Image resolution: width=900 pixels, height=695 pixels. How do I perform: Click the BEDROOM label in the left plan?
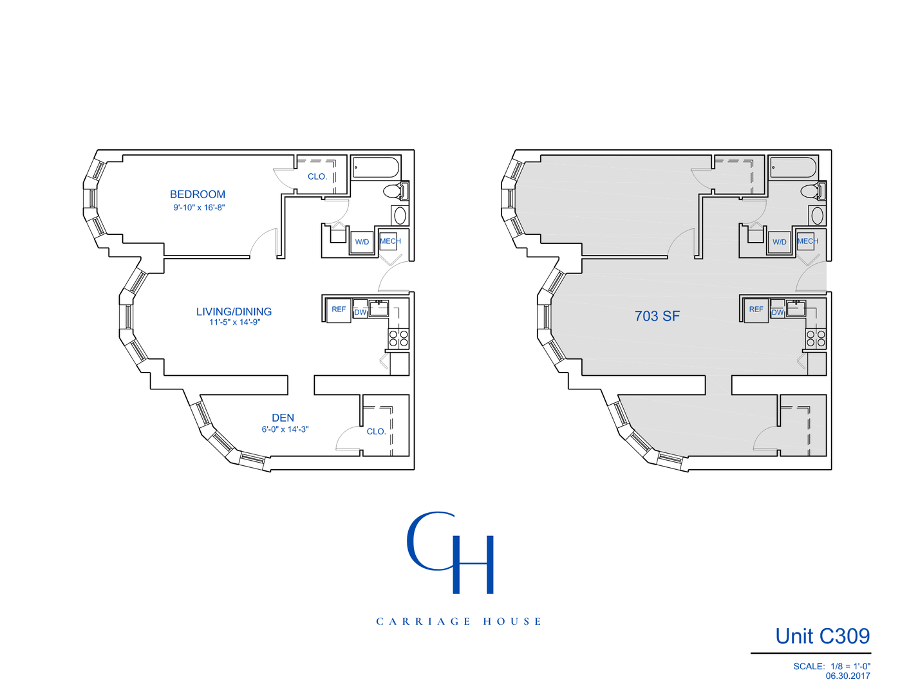198,194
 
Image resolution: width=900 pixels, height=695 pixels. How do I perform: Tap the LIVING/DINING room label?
234,311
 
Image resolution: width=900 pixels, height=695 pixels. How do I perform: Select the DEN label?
283,418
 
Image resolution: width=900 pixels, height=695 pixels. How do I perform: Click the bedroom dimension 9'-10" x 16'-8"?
199,208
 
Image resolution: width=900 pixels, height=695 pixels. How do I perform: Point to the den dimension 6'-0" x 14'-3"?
285,429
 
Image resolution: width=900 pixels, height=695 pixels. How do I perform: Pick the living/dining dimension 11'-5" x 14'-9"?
234,322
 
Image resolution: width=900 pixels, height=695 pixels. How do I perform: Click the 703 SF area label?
657,316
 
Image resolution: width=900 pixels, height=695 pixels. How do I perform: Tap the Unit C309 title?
822,636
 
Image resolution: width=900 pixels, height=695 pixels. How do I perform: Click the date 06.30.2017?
847,676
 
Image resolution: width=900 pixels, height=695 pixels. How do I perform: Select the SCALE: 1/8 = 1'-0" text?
831,666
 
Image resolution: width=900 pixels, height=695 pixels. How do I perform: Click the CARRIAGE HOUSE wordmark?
458,622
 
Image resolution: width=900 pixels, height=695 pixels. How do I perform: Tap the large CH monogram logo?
451,552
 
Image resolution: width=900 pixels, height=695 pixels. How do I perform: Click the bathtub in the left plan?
375,167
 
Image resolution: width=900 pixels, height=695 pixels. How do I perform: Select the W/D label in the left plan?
362,242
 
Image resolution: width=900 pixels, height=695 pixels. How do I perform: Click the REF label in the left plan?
339,310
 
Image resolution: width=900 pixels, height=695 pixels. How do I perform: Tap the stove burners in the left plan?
398,338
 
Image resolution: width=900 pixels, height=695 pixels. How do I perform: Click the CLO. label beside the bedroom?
317,176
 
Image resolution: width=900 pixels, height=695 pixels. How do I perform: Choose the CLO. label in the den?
377,431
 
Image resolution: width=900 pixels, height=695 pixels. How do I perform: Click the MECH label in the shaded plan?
807,241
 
